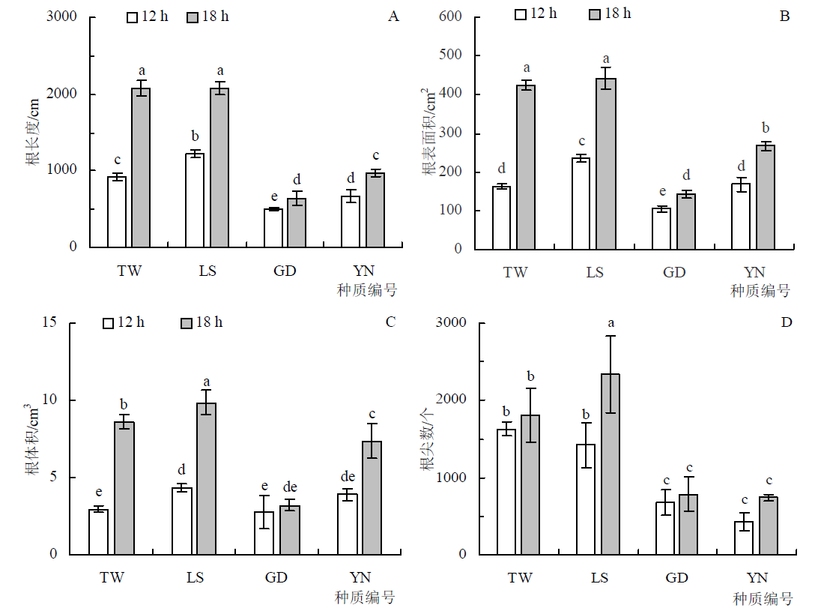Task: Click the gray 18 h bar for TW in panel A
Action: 141,167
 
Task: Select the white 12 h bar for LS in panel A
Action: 194,200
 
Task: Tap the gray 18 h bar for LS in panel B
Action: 605,163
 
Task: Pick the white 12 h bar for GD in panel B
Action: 661,229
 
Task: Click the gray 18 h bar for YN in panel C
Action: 372,498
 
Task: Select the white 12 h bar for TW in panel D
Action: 506,492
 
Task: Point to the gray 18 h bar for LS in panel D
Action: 611,464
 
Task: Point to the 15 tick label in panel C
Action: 50,323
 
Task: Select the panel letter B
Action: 784,16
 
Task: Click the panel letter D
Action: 787,322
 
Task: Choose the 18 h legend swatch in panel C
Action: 187,323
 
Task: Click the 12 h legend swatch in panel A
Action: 133,16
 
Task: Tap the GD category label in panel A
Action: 285,271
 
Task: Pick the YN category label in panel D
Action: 757,578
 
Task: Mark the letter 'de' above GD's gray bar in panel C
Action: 290,487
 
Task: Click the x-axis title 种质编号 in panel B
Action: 760,291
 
